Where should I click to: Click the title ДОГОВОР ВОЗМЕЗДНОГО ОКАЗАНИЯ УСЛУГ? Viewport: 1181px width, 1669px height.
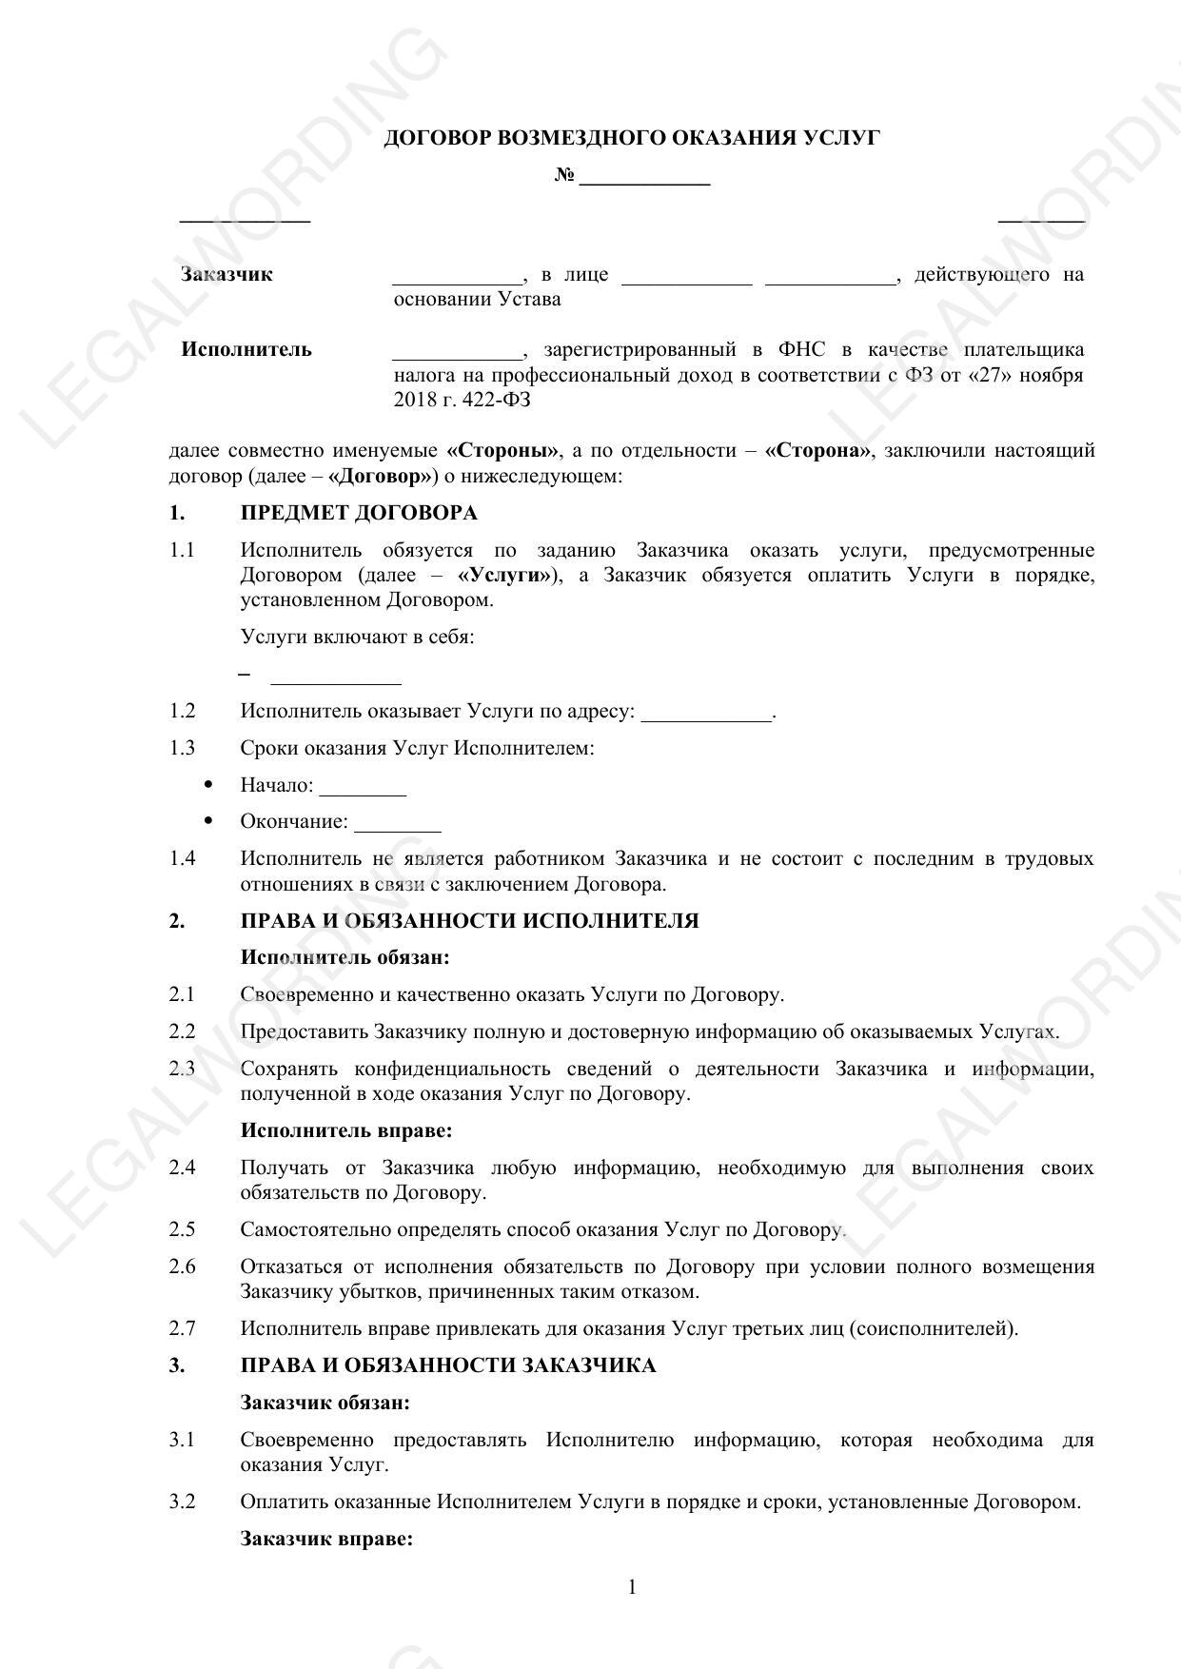pyautogui.click(x=631, y=139)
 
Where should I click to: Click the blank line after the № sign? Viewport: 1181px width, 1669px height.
pyautogui.click(x=644, y=178)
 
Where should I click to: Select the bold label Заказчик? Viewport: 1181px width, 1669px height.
pyautogui.click(x=226, y=275)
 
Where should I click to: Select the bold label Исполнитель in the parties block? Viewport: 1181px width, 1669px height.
pyautogui.click(x=246, y=349)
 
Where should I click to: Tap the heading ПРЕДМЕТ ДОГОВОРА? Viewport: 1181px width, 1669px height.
pyautogui.click(x=359, y=514)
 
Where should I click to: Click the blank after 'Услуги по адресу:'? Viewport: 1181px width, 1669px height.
pyautogui.click(x=706, y=714)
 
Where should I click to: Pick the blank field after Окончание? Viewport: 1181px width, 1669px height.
pyautogui.click(x=397, y=824)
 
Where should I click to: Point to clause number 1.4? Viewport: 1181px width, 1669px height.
pyautogui.click(x=183, y=859)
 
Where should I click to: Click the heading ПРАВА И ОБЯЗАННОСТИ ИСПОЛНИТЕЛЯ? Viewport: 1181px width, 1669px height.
pyautogui.click(x=469, y=921)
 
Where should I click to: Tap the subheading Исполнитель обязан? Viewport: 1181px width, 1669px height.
pyautogui.click(x=344, y=957)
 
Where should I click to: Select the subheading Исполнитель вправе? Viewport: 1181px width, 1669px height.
pyautogui.click(x=345, y=1130)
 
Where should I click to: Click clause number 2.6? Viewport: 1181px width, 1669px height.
pyautogui.click(x=183, y=1266)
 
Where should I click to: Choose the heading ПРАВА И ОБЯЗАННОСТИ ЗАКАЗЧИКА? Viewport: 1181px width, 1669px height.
pyautogui.click(x=448, y=1366)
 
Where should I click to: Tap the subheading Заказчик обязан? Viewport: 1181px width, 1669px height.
pyautogui.click(x=325, y=1403)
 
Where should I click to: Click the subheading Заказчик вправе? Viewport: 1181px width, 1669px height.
pyautogui.click(x=326, y=1539)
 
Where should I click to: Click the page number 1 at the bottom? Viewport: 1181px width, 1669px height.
pyautogui.click(x=632, y=1587)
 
